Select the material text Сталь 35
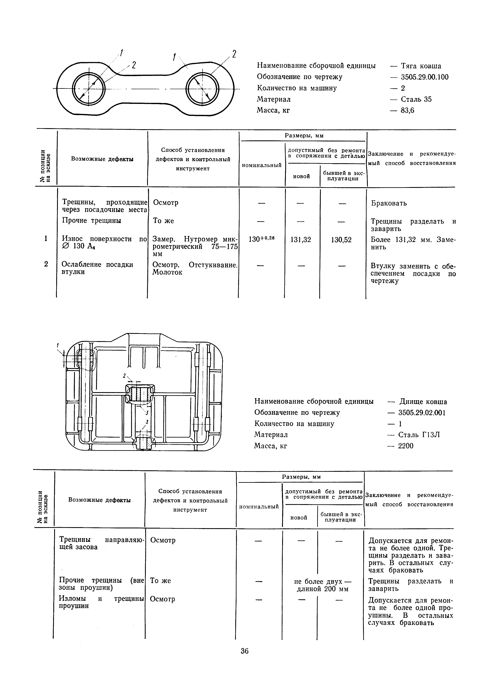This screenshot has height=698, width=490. [416, 99]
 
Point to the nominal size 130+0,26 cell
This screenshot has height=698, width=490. [261, 239]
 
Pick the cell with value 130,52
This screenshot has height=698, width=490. [341, 240]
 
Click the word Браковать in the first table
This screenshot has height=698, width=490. [389, 203]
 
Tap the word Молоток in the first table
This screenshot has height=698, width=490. [167, 272]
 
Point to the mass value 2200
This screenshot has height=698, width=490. [406, 446]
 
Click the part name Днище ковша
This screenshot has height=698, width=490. [423, 402]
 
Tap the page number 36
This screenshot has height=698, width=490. [245, 651]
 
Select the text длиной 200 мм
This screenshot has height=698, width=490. [322, 589]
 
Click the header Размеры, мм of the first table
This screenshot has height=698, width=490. [304, 136]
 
